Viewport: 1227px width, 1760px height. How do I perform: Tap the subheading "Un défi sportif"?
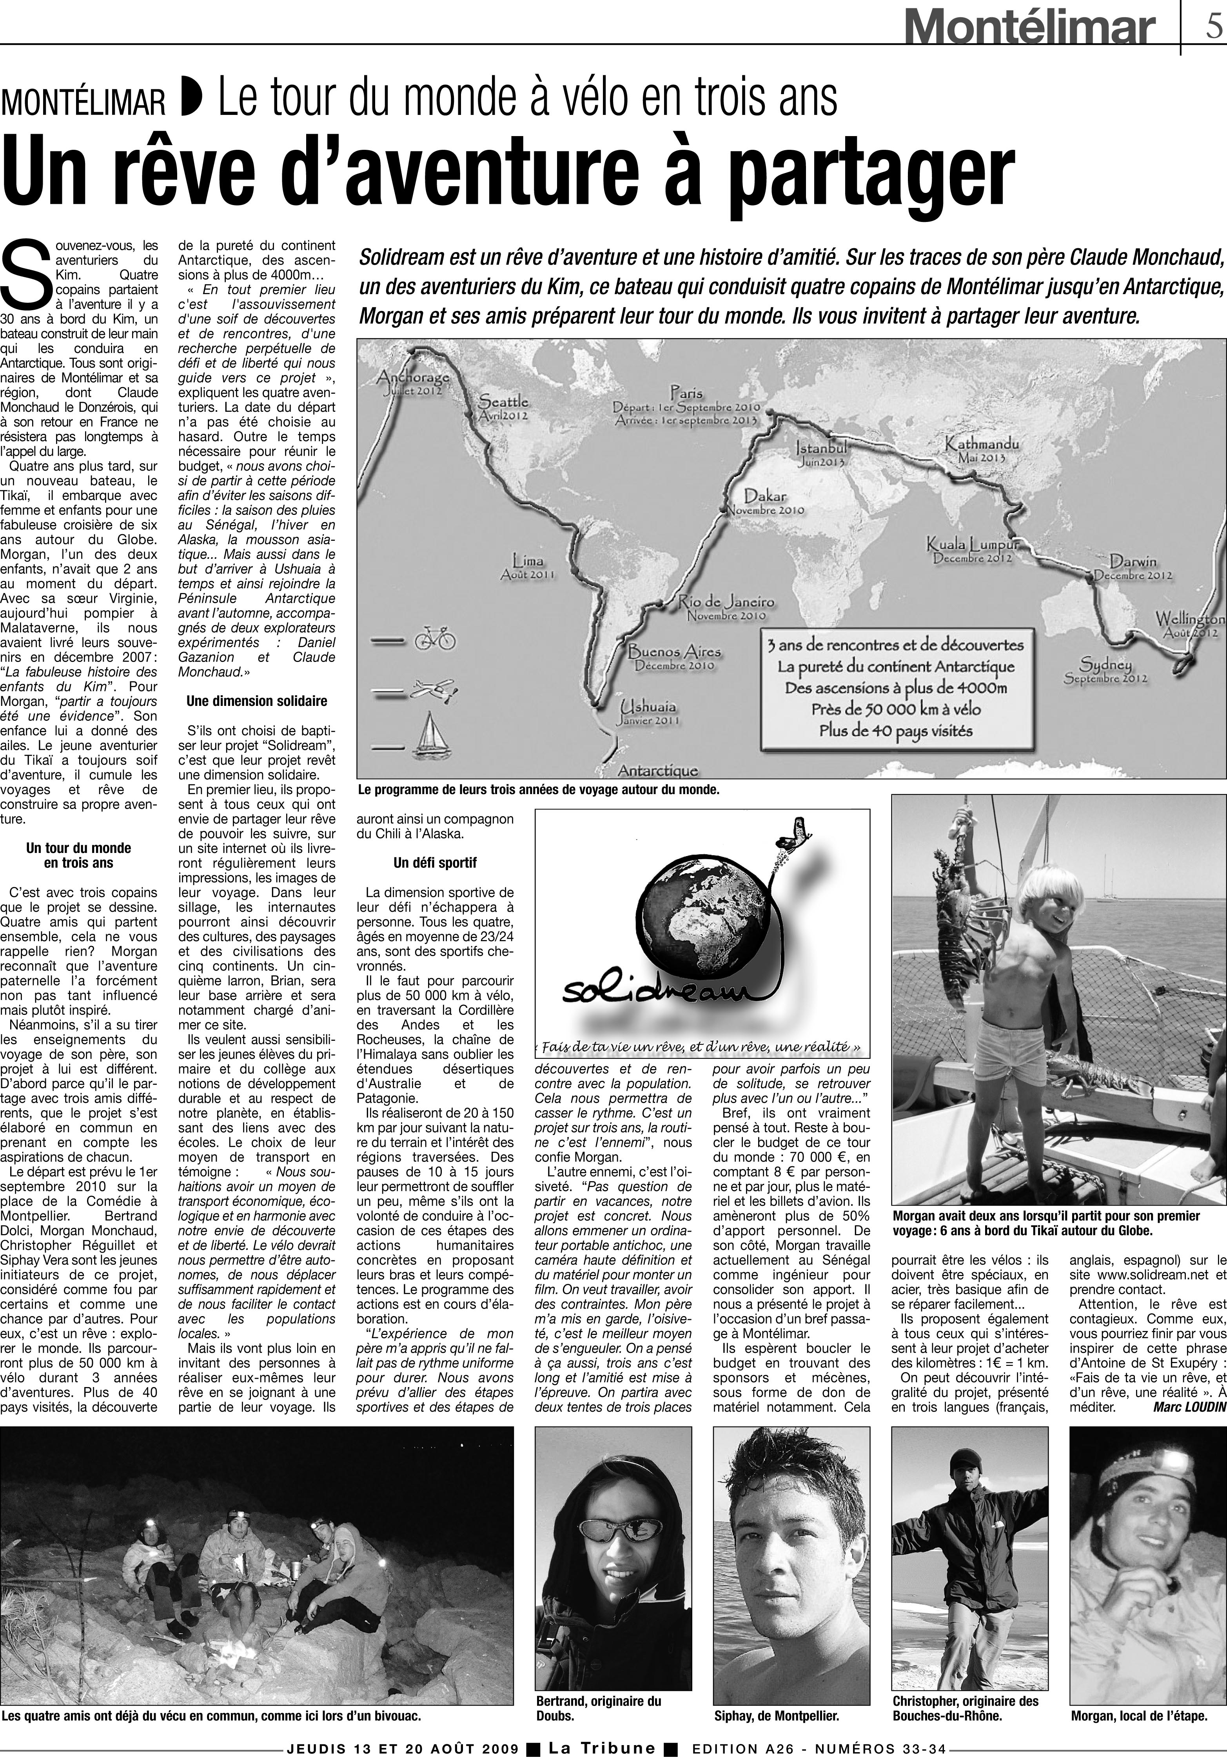coord(435,863)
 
